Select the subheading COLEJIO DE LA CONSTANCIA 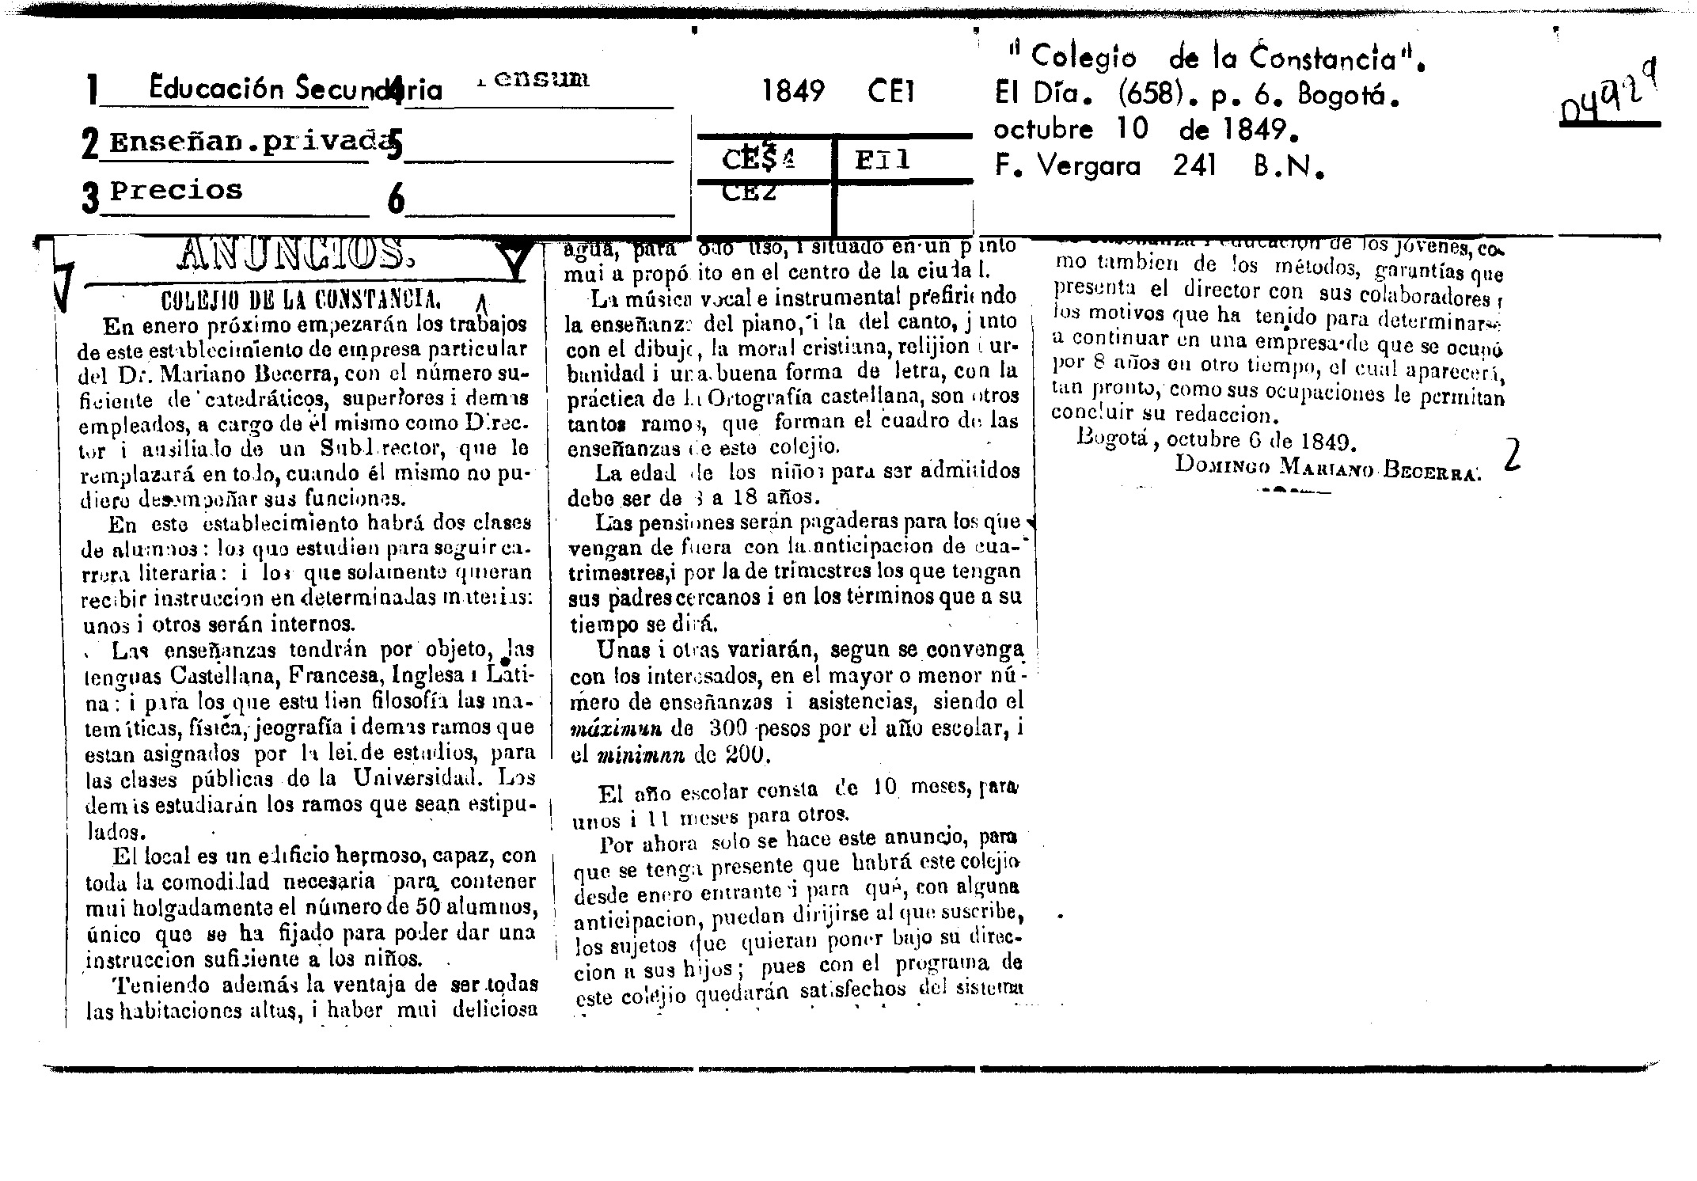click(x=301, y=301)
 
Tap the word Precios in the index click(x=176, y=191)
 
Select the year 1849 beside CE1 click(x=793, y=93)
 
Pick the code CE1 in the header click(x=891, y=93)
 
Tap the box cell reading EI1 click(x=883, y=161)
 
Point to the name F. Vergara click(x=1068, y=166)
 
